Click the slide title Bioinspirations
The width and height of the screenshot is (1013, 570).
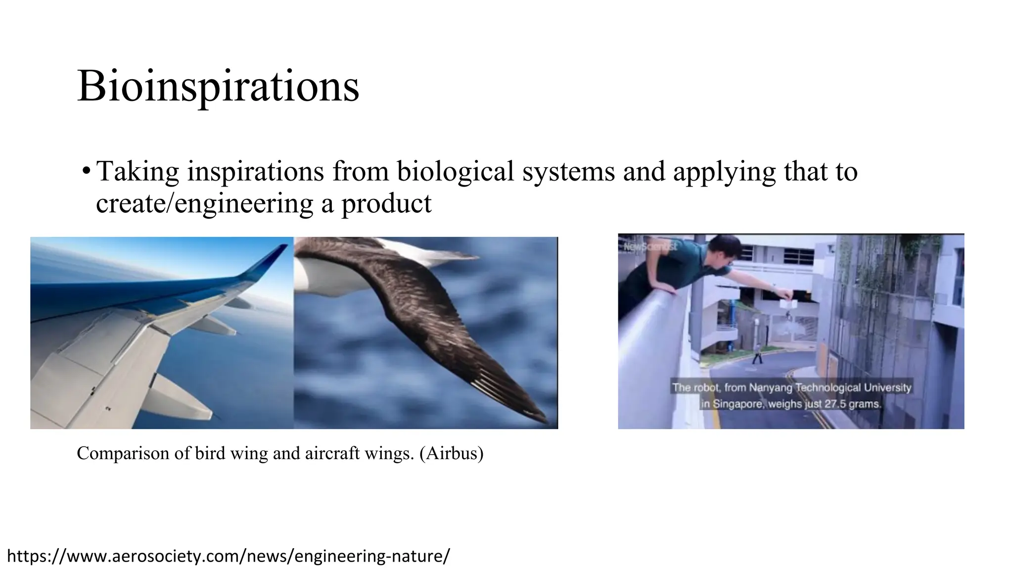pos(218,87)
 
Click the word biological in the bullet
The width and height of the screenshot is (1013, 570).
pos(455,172)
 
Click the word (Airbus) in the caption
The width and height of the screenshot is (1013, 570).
pos(451,453)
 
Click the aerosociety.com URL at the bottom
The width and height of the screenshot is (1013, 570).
pos(228,556)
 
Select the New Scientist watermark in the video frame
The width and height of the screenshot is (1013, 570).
pos(650,246)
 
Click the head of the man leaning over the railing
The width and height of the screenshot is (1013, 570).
pos(725,250)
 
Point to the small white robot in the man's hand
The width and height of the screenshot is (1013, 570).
pos(787,303)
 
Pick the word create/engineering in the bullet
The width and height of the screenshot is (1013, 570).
pos(205,203)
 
